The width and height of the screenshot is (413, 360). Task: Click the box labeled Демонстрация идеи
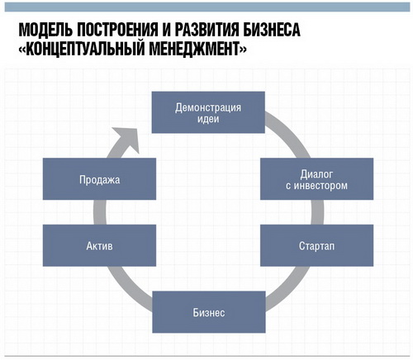coord(208,112)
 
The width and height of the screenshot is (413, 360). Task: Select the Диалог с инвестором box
coord(316,179)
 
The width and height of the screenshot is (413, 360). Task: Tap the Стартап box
coord(316,245)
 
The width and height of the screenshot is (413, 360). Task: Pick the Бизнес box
coord(209,312)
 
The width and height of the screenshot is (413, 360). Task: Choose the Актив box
coord(99,245)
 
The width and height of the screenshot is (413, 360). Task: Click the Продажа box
coord(99,179)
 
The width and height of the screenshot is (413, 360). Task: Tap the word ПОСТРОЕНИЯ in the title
coord(117,29)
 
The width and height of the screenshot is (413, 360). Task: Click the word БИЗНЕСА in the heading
coord(272,29)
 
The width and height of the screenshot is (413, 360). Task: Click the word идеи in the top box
coord(208,120)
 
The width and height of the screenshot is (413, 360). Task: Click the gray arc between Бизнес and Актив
coord(127,287)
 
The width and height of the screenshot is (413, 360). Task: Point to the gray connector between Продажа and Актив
coord(100,212)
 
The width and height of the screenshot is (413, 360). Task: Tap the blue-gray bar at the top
coord(207,7)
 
